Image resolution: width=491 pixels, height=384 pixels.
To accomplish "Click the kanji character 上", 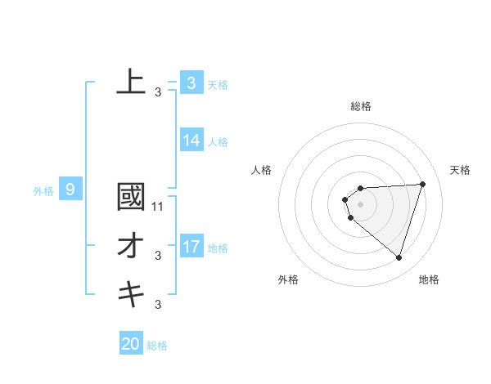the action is [x=131, y=82].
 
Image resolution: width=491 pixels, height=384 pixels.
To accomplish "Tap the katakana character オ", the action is [x=131, y=246].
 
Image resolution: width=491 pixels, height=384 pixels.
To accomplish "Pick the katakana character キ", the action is [x=131, y=292].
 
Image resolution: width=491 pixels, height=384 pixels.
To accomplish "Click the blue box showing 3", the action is [x=191, y=83].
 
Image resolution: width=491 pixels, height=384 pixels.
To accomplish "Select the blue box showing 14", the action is [x=191, y=141].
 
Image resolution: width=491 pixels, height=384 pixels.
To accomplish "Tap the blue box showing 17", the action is [x=191, y=246].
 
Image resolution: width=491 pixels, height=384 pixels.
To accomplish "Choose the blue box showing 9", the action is [x=70, y=190].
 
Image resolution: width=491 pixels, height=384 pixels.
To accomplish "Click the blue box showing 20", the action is [x=131, y=344].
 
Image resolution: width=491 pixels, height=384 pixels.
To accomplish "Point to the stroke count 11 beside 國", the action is [x=159, y=207].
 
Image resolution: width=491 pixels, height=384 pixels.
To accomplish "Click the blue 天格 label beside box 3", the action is [x=218, y=84].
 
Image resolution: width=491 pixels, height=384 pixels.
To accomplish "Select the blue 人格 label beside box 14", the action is [x=218, y=142].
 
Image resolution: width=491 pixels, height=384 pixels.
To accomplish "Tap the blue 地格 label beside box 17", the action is [x=218, y=248].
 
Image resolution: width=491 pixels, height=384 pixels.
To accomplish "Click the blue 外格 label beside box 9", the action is [x=43, y=192].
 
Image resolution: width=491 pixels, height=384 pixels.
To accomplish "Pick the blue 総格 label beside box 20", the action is [x=157, y=346].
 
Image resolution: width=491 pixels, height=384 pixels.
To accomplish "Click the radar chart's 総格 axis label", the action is [x=360, y=106].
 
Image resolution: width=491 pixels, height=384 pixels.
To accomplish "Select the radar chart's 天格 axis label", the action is [x=461, y=170].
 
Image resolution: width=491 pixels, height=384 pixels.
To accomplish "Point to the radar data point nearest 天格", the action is [x=422, y=184].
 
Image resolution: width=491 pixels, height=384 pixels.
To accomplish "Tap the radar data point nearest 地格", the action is [x=399, y=257].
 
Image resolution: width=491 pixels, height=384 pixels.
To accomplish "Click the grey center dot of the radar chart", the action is [x=360, y=204].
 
